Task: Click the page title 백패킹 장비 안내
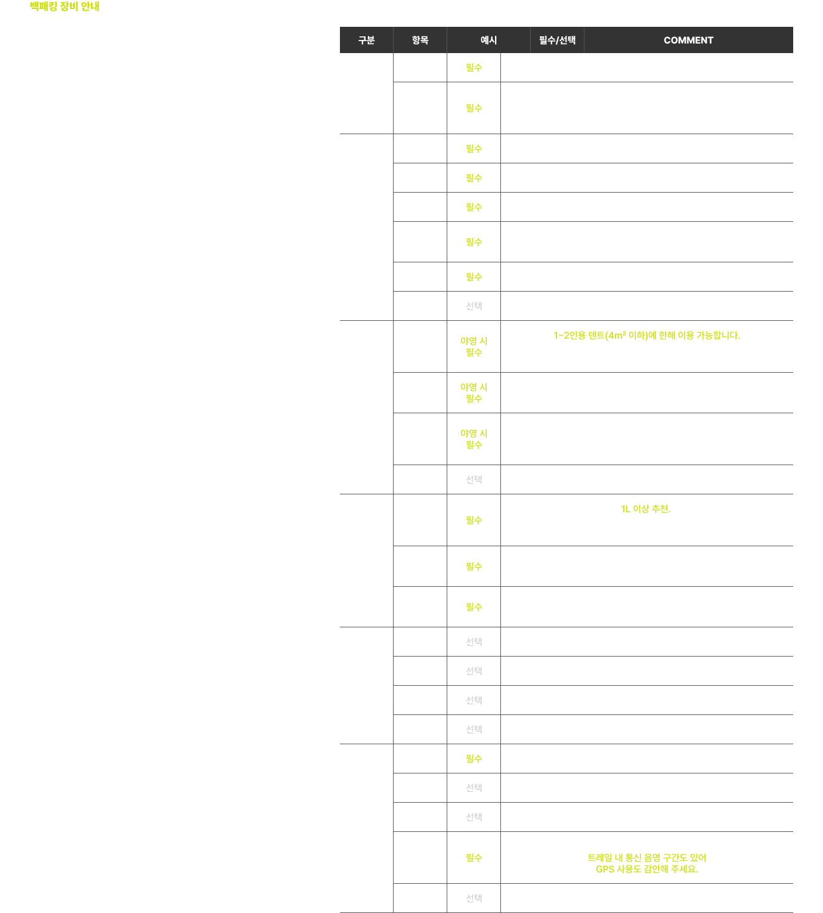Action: pyautogui.click(x=64, y=7)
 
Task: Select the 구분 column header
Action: pyautogui.click(x=366, y=40)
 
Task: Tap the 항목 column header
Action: pyautogui.click(x=420, y=40)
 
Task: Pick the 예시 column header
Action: pyautogui.click(x=488, y=40)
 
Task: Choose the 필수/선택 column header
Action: pyautogui.click(x=557, y=40)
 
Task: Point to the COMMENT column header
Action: pyautogui.click(x=688, y=40)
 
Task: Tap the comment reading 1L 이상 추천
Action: pyautogui.click(x=645, y=509)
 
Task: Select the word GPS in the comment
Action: pyautogui.click(x=605, y=869)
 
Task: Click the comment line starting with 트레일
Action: pyautogui.click(x=647, y=858)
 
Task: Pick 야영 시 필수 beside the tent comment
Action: pyautogui.click(x=474, y=346)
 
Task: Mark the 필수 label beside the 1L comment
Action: pyautogui.click(x=474, y=520)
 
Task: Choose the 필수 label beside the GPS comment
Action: pyautogui.click(x=474, y=858)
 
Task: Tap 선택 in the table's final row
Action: pyautogui.click(x=474, y=898)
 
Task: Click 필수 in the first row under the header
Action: pyautogui.click(x=474, y=68)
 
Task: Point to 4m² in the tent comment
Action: pyautogui.click(x=617, y=335)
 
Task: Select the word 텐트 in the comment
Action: pyautogui.click(x=596, y=335)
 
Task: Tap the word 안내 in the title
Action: pyautogui.click(x=90, y=7)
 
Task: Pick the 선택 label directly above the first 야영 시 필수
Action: pyautogui.click(x=474, y=306)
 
